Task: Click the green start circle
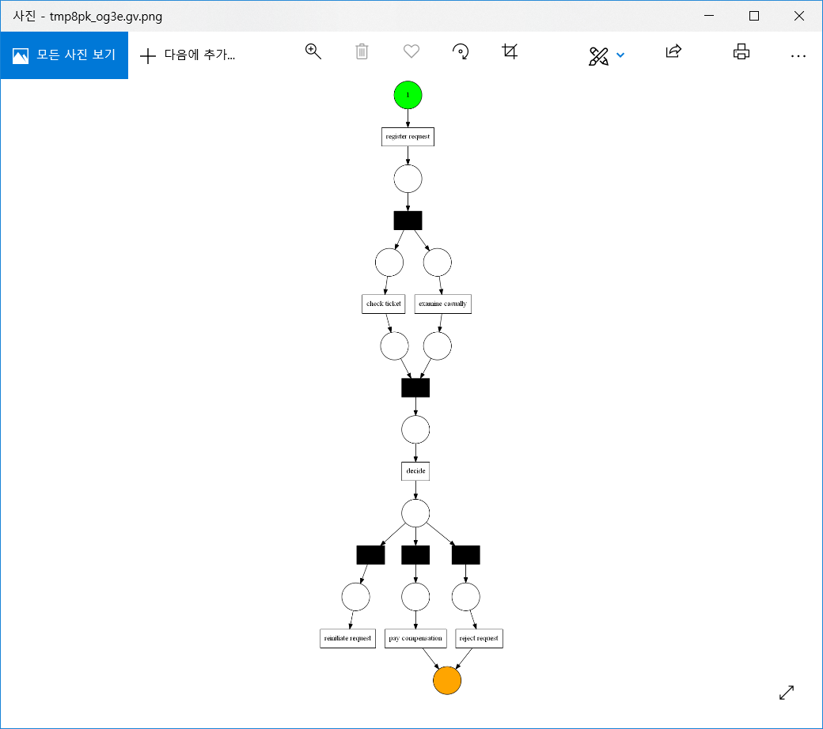[408, 95]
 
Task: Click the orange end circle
[447, 680]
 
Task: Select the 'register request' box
[408, 137]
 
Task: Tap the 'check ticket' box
[384, 304]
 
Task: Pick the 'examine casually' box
[442, 304]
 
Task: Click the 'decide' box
[415, 470]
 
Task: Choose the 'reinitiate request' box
[347, 638]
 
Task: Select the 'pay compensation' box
[416, 638]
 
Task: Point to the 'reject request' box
[479, 638]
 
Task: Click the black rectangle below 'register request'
[408, 221]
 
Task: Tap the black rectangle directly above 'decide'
[415, 387]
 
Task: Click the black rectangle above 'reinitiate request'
[370, 555]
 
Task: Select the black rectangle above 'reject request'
[466, 555]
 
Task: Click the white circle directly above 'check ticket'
[389, 262]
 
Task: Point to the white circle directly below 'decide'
[415, 512]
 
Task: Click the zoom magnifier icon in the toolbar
[313, 52]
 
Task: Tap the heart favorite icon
[411, 52]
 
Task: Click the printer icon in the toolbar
[741, 52]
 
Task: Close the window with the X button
[798, 16]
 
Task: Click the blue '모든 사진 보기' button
[64, 55]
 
